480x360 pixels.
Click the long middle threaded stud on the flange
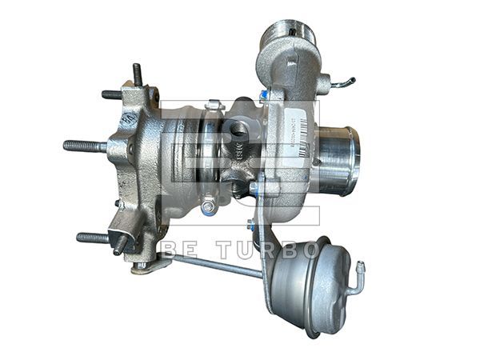coord(84,146)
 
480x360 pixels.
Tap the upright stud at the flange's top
coord(137,74)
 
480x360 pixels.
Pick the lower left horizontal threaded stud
coord(94,238)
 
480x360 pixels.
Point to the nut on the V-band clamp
coord(209,207)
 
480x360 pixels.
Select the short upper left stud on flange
coord(111,94)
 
